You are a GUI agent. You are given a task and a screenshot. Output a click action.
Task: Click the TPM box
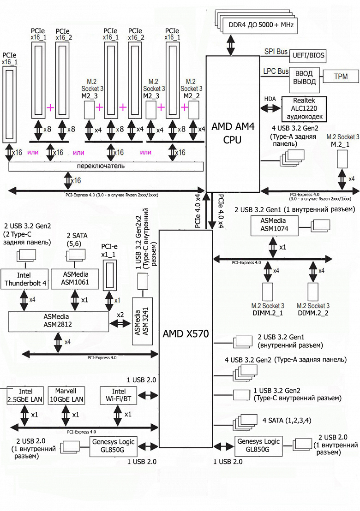[x=341, y=77]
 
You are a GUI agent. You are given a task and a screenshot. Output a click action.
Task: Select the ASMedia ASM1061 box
[x=74, y=279]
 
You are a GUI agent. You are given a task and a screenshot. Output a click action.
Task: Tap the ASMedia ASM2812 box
[x=58, y=321]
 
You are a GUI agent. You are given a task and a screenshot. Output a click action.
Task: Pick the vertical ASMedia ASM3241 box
[x=139, y=321]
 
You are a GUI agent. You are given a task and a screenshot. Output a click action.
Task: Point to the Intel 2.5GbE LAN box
[x=25, y=395]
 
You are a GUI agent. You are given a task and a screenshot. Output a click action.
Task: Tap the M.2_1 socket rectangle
[x=342, y=158]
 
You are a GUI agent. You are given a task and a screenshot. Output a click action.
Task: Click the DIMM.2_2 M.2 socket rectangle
[x=314, y=291]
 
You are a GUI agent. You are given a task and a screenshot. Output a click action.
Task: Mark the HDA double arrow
[x=270, y=108]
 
